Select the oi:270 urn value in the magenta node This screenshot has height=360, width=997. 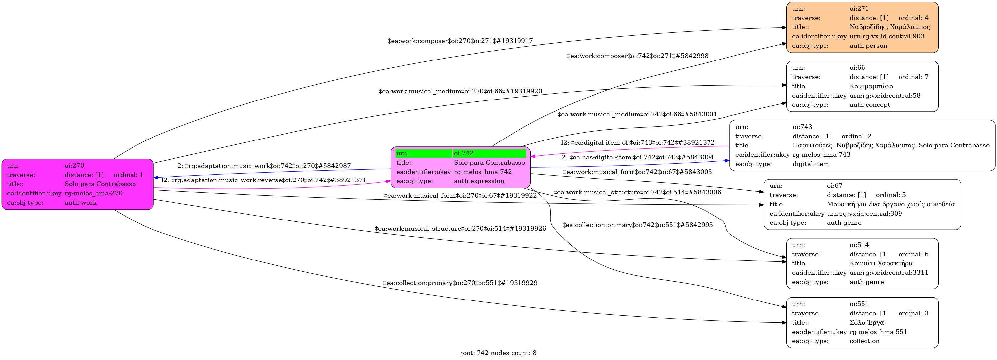tap(74, 166)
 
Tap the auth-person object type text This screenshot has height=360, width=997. tap(868, 46)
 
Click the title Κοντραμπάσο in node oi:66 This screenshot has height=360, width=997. tap(871, 86)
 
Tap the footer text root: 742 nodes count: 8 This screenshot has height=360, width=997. tap(498, 353)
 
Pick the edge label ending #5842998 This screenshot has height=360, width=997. tap(637, 56)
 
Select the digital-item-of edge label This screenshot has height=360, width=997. tap(637, 143)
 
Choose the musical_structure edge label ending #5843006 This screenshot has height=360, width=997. tap(637, 192)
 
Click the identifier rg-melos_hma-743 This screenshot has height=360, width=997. tap(821, 155)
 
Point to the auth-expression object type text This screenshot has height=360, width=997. tap(479, 181)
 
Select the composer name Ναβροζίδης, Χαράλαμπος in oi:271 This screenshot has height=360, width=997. tap(889, 27)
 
